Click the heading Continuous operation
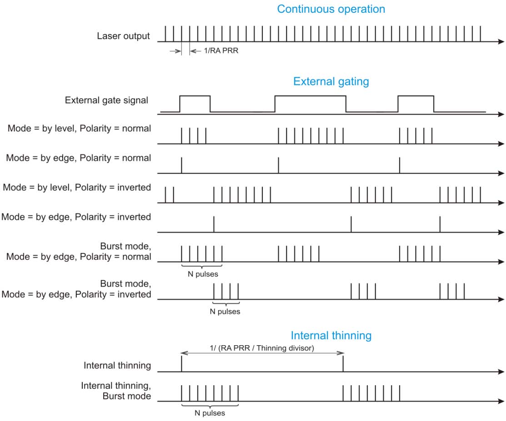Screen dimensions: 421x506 331,9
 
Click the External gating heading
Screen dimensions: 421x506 331,82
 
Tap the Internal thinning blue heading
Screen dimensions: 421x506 331,336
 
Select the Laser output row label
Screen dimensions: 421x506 123,36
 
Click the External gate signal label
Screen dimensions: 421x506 107,100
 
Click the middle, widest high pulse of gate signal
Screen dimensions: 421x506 310,96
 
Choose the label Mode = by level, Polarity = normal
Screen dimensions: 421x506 79,129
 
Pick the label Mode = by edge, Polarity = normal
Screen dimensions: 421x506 78,158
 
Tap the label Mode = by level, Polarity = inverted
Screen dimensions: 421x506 76,187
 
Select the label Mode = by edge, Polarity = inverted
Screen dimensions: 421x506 75,217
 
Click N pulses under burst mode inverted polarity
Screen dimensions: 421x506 225,312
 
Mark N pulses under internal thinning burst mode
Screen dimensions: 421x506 210,413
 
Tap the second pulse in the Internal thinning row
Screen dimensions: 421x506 343,364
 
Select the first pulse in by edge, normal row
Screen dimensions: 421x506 181,165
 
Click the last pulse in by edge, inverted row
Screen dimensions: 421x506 440,224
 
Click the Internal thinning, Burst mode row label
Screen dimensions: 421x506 116,391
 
